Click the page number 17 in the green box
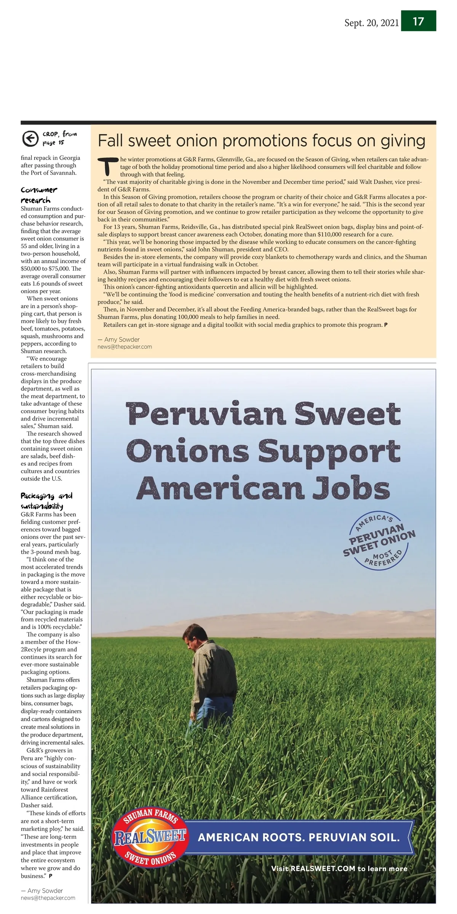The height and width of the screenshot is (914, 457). [418, 21]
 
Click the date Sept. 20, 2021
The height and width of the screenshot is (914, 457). [371, 23]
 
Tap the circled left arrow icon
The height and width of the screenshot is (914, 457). [30, 138]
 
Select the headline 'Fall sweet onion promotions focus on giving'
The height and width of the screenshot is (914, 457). [261, 141]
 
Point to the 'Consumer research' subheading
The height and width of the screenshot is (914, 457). [39, 195]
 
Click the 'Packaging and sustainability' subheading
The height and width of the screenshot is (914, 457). [46, 501]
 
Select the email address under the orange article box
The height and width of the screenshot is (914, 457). [125, 347]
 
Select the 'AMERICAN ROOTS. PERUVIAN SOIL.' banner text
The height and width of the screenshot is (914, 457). [299, 837]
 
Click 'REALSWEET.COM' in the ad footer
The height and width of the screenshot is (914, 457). [323, 869]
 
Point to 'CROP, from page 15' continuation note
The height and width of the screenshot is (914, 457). [59, 138]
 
